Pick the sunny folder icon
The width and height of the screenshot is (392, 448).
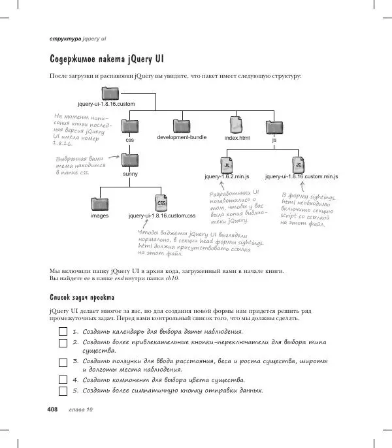[x=130, y=160]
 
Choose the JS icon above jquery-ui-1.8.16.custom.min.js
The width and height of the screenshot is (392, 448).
[x=299, y=163]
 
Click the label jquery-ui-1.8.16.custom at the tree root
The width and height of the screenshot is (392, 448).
[x=106, y=104]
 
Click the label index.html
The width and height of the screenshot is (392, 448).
[x=237, y=138]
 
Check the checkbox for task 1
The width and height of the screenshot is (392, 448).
[x=63, y=332]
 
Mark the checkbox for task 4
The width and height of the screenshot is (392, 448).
[x=63, y=379]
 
